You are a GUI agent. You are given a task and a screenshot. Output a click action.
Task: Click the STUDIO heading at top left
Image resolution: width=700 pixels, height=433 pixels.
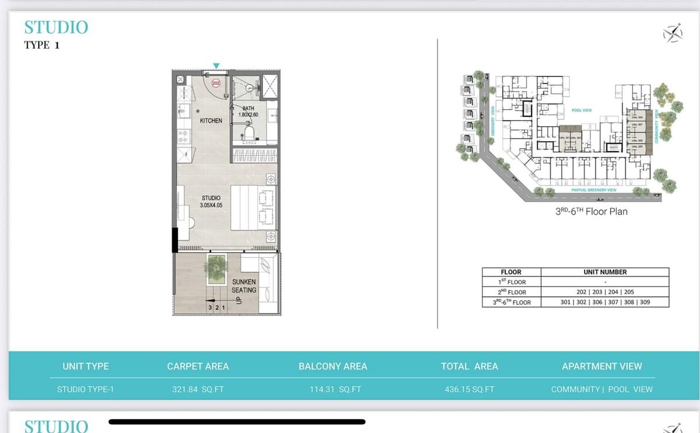point(56,27)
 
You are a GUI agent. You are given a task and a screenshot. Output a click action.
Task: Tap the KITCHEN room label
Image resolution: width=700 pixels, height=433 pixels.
point(211,121)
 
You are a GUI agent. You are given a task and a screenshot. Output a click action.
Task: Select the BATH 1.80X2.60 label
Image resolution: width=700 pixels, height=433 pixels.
point(248,111)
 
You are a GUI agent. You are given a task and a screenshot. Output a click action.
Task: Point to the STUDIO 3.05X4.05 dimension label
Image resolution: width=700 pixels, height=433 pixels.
point(211,202)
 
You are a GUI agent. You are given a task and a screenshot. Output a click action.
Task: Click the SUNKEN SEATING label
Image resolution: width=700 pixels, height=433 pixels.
point(244,286)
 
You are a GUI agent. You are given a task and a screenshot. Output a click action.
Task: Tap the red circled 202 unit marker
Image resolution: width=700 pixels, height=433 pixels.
point(215,83)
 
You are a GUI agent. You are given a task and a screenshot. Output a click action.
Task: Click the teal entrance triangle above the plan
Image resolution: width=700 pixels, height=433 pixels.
point(216,65)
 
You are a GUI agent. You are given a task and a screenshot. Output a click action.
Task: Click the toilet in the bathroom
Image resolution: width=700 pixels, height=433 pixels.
point(249,134)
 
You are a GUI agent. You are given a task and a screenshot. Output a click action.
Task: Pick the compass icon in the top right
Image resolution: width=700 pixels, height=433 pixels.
point(673,33)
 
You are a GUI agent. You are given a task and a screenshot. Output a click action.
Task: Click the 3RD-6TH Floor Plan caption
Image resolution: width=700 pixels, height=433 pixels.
point(591,211)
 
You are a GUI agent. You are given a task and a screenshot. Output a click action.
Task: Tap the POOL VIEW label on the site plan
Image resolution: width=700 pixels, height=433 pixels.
point(582,110)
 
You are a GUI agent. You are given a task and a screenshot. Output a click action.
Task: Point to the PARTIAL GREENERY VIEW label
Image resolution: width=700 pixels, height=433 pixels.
point(594,190)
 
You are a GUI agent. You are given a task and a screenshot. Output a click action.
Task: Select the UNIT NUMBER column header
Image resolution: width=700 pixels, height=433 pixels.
point(605,272)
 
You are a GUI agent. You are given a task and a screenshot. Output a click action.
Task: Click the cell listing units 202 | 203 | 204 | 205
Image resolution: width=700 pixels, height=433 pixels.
point(605,292)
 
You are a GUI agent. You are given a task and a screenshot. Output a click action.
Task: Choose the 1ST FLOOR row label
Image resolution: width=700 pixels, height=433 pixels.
point(512,282)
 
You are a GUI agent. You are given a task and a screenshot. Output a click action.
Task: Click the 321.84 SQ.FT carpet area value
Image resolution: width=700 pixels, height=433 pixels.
point(198,389)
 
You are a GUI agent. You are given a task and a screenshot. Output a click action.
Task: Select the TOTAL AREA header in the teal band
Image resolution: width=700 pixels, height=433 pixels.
point(469,366)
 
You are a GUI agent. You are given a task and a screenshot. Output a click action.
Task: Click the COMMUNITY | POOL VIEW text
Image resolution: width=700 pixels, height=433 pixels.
point(601,389)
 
